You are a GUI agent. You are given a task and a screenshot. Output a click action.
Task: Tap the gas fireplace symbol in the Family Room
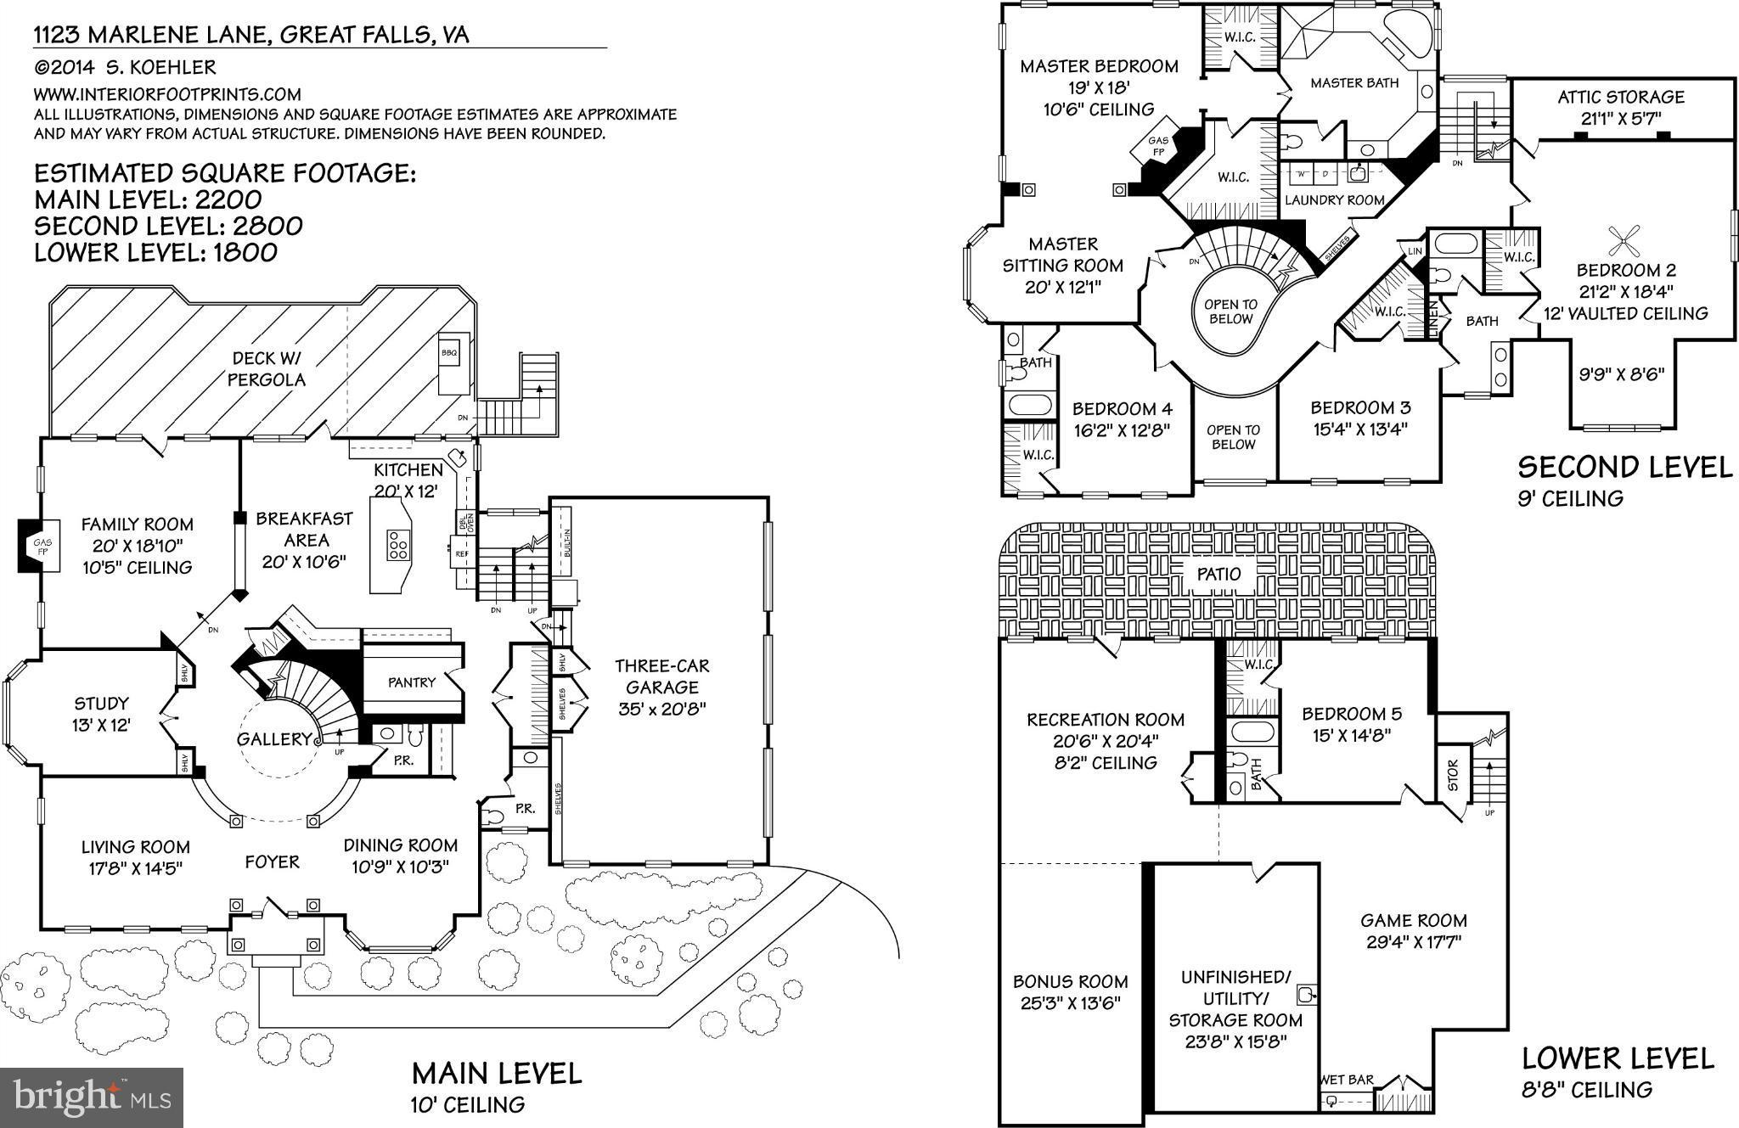click(x=40, y=547)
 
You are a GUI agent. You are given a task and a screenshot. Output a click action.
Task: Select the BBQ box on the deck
click(x=448, y=352)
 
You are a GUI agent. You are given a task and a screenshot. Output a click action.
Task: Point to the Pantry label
click(x=411, y=682)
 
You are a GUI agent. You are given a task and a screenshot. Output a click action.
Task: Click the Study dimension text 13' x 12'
click(x=101, y=725)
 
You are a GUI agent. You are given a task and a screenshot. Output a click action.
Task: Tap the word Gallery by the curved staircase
click(x=273, y=739)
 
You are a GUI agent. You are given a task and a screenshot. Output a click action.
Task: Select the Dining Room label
click(x=400, y=845)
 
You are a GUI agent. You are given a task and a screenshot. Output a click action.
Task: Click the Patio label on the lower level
click(x=1218, y=575)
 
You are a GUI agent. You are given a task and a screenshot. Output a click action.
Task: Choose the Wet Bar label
click(x=1347, y=1080)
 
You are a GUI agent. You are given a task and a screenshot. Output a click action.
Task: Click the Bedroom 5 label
click(x=1352, y=714)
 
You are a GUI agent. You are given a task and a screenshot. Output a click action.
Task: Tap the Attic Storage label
click(x=1620, y=97)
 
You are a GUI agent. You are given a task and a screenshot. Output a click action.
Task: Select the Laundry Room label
click(x=1335, y=200)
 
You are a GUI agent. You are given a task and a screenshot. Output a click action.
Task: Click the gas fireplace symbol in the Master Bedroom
click(x=1157, y=147)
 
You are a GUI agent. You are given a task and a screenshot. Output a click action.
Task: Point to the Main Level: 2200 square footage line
click(x=148, y=200)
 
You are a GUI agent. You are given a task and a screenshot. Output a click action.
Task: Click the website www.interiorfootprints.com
click(x=167, y=94)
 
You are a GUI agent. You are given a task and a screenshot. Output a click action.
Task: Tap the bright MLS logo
click(x=92, y=1097)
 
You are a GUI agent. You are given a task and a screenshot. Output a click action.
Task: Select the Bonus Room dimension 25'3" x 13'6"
click(x=1070, y=1002)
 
